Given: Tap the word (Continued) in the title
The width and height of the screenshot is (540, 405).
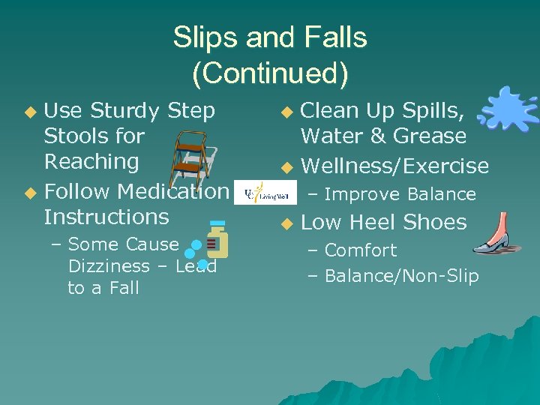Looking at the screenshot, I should click(x=270, y=73).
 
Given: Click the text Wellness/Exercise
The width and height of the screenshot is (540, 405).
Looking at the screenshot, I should click(x=394, y=166).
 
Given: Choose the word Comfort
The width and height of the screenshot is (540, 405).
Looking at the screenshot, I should click(x=361, y=250).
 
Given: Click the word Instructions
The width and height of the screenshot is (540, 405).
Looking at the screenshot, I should click(x=106, y=217).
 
